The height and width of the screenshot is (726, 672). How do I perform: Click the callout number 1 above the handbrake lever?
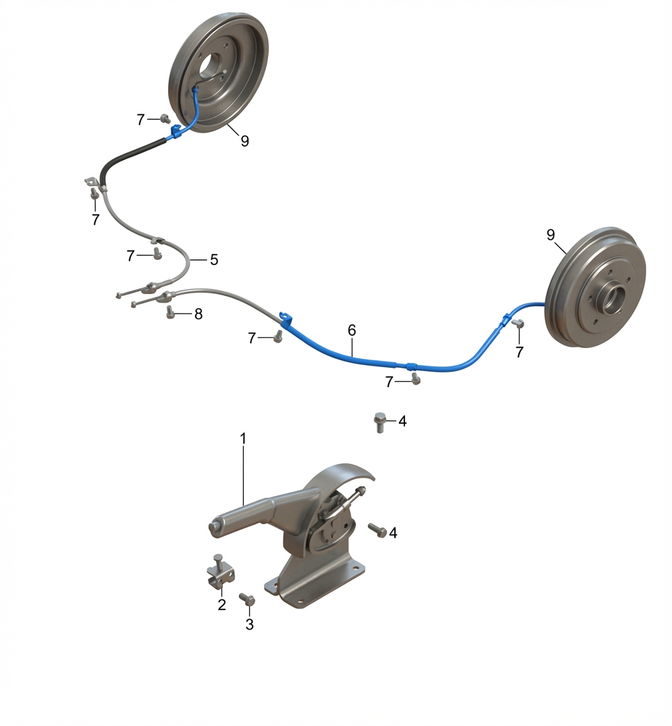[x=243, y=438]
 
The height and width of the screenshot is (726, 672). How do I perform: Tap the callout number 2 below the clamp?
[x=222, y=604]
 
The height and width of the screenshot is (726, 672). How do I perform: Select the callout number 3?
[x=249, y=624]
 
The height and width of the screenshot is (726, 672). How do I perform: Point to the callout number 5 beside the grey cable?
[x=214, y=260]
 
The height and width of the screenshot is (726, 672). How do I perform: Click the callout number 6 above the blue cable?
[x=352, y=330]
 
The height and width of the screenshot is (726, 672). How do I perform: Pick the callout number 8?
[x=198, y=314]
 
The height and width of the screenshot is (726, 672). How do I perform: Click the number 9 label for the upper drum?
[x=245, y=141]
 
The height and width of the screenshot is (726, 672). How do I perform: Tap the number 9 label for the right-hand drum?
[x=551, y=235]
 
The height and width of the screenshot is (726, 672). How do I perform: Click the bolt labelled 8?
[x=170, y=312]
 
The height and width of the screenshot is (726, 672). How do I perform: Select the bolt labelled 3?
[x=247, y=599]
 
